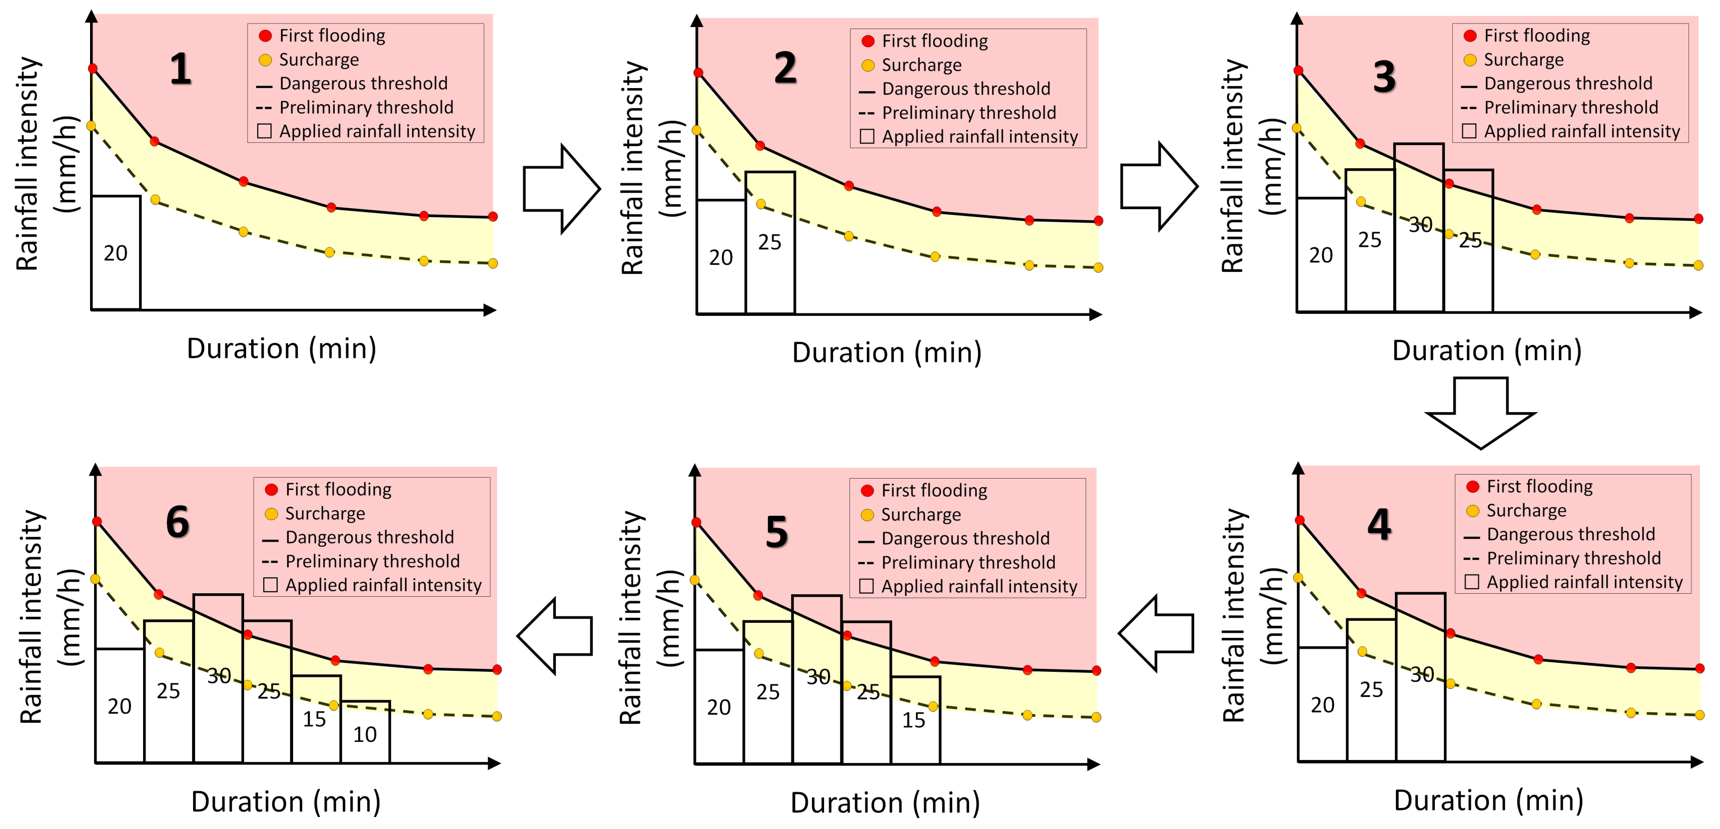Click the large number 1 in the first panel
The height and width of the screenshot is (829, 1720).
pyautogui.click(x=180, y=70)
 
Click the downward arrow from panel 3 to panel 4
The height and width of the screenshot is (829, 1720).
pyautogui.click(x=1480, y=412)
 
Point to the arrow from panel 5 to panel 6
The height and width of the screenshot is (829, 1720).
pyautogui.click(x=555, y=635)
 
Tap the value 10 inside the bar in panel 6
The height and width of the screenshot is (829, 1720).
pyautogui.click(x=365, y=735)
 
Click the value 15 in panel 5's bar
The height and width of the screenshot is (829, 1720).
pyautogui.click(x=914, y=720)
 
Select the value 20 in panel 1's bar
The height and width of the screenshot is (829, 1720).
pyautogui.click(x=116, y=253)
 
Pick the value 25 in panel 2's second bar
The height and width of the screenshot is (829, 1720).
pyautogui.click(x=769, y=242)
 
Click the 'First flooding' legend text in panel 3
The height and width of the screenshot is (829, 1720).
pyautogui.click(x=1536, y=36)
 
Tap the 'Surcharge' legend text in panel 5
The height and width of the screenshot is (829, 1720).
pyautogui.click(x=921, y=514)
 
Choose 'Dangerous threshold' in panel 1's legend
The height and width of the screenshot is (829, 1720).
pyautogui.click(x=363, y=84)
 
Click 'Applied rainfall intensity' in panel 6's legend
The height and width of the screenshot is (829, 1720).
pyautogui.click(x=383, y=585)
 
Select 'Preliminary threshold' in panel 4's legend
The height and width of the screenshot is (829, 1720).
pyautogui.click(x=1573, y=559)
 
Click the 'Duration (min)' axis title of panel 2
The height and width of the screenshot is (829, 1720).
pyautogui.click(x=887, y=353)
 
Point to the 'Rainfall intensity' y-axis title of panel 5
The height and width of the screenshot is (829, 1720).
pyautogui.click(x=630, y=618)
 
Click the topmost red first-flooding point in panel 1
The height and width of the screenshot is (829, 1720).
pyautogui.click(x=93, y=68)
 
